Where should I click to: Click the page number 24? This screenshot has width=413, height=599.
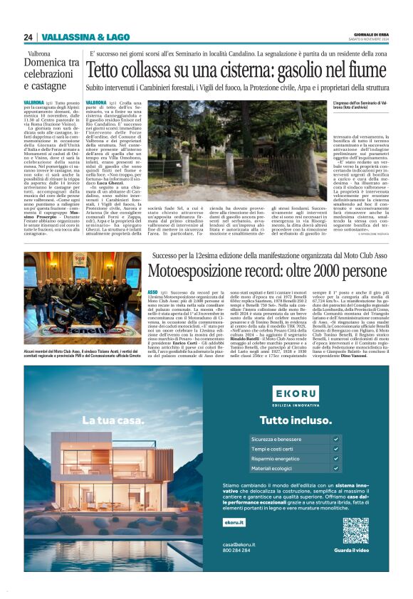coord(28,37)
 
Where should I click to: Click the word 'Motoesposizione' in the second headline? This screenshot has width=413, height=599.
coord(201,270)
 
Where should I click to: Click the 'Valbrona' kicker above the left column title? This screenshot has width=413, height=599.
coord(39,53)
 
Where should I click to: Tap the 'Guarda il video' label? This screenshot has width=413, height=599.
coord(355,551)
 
